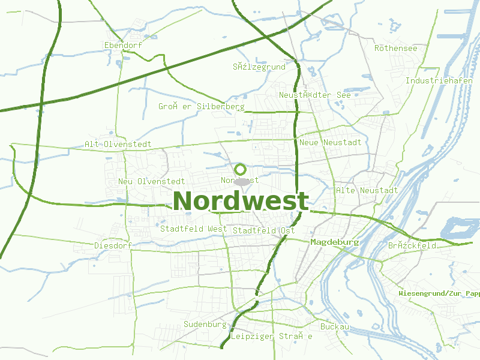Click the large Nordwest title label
[x=241, y=201]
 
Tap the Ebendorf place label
[x=123, y=45]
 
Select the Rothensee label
[x=395, y=48]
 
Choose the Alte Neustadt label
[x=367, y=190]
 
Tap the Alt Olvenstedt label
[x=118, y=145]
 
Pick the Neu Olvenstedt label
[x=151, y=181]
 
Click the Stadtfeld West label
[x=193, y=229]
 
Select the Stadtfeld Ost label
[x=264, y=230]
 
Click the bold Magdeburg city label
[x=335, y=242]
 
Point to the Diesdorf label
[x=113, y=245]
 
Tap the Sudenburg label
[x=205, y=324]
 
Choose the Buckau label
[x=335, y=327]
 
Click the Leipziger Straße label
[x=272, y=337]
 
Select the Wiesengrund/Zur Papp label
[x=439, y=293]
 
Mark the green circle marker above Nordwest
[x=241, y=170]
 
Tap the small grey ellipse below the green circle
[x=242, y=181]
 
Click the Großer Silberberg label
[x=201, y=106]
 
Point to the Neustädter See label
[x=314, y=95]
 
